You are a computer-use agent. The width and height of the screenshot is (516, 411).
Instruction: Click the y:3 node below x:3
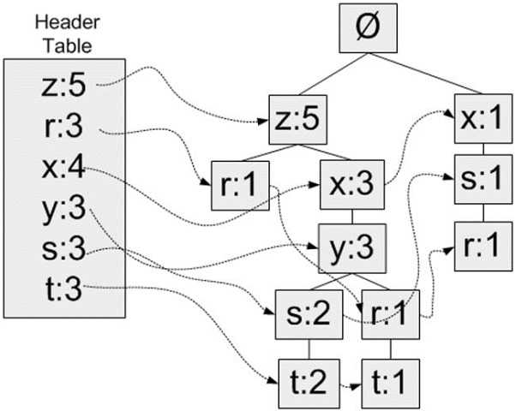tap(351, 249)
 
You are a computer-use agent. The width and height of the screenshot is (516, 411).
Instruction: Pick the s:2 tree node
tap(303, 313)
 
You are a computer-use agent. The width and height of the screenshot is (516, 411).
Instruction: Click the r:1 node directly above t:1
tap(391, 313)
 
